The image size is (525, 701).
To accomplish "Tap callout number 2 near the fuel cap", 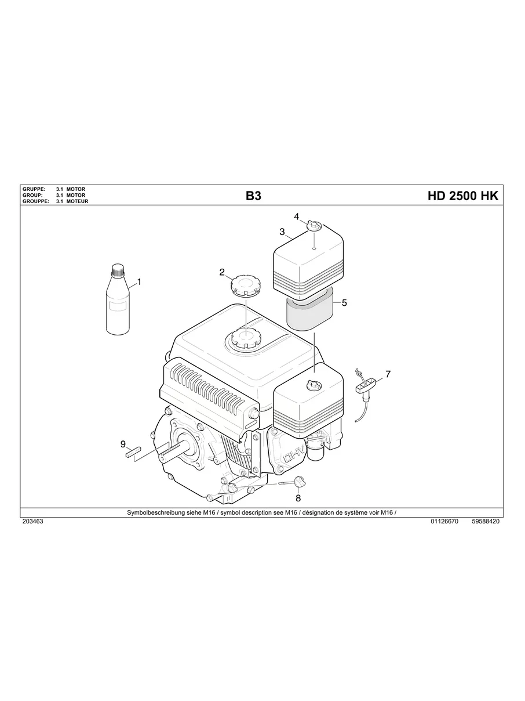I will click(222, 272).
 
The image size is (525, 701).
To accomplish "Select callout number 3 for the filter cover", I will click(282, 232).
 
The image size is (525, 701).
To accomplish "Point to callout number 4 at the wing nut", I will click(296, 216).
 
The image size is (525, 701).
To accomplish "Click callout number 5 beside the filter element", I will click(344, 302).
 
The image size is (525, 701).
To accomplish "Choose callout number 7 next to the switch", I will click(388, 374).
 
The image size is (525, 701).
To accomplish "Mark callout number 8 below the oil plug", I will click(298, 498).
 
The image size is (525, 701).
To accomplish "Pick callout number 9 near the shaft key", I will click(123, 444).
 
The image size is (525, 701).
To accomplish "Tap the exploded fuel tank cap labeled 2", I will click(245, 286).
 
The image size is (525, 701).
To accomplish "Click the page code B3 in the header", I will click(253, 196).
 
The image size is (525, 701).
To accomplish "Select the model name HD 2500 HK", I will click(462, 196).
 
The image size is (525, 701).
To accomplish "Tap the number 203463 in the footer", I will click(32, 522).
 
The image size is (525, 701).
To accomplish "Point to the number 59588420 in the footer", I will click(486, 522).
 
